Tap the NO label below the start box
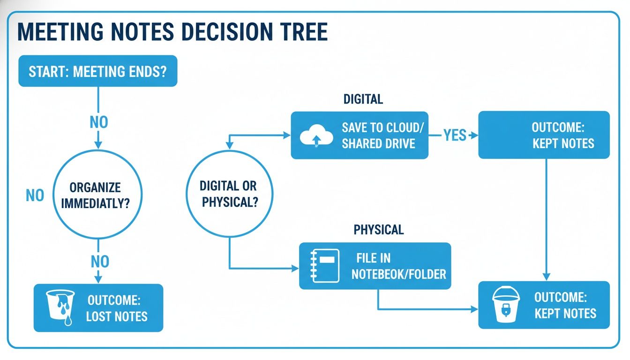point(98,122)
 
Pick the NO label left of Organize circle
point(35,195)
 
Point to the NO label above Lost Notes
point(99,261)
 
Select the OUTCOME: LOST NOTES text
point(117,308)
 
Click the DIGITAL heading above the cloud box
point(363,99)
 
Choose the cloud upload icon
point(316,135)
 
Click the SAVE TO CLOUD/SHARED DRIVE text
point(378,135)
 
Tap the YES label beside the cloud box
point(454,135)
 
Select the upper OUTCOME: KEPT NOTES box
point(544,135)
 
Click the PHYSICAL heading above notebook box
point(378,230)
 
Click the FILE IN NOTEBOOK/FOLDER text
point(398,266)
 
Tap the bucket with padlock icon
point(506,305)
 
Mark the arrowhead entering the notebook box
point(295,269)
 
